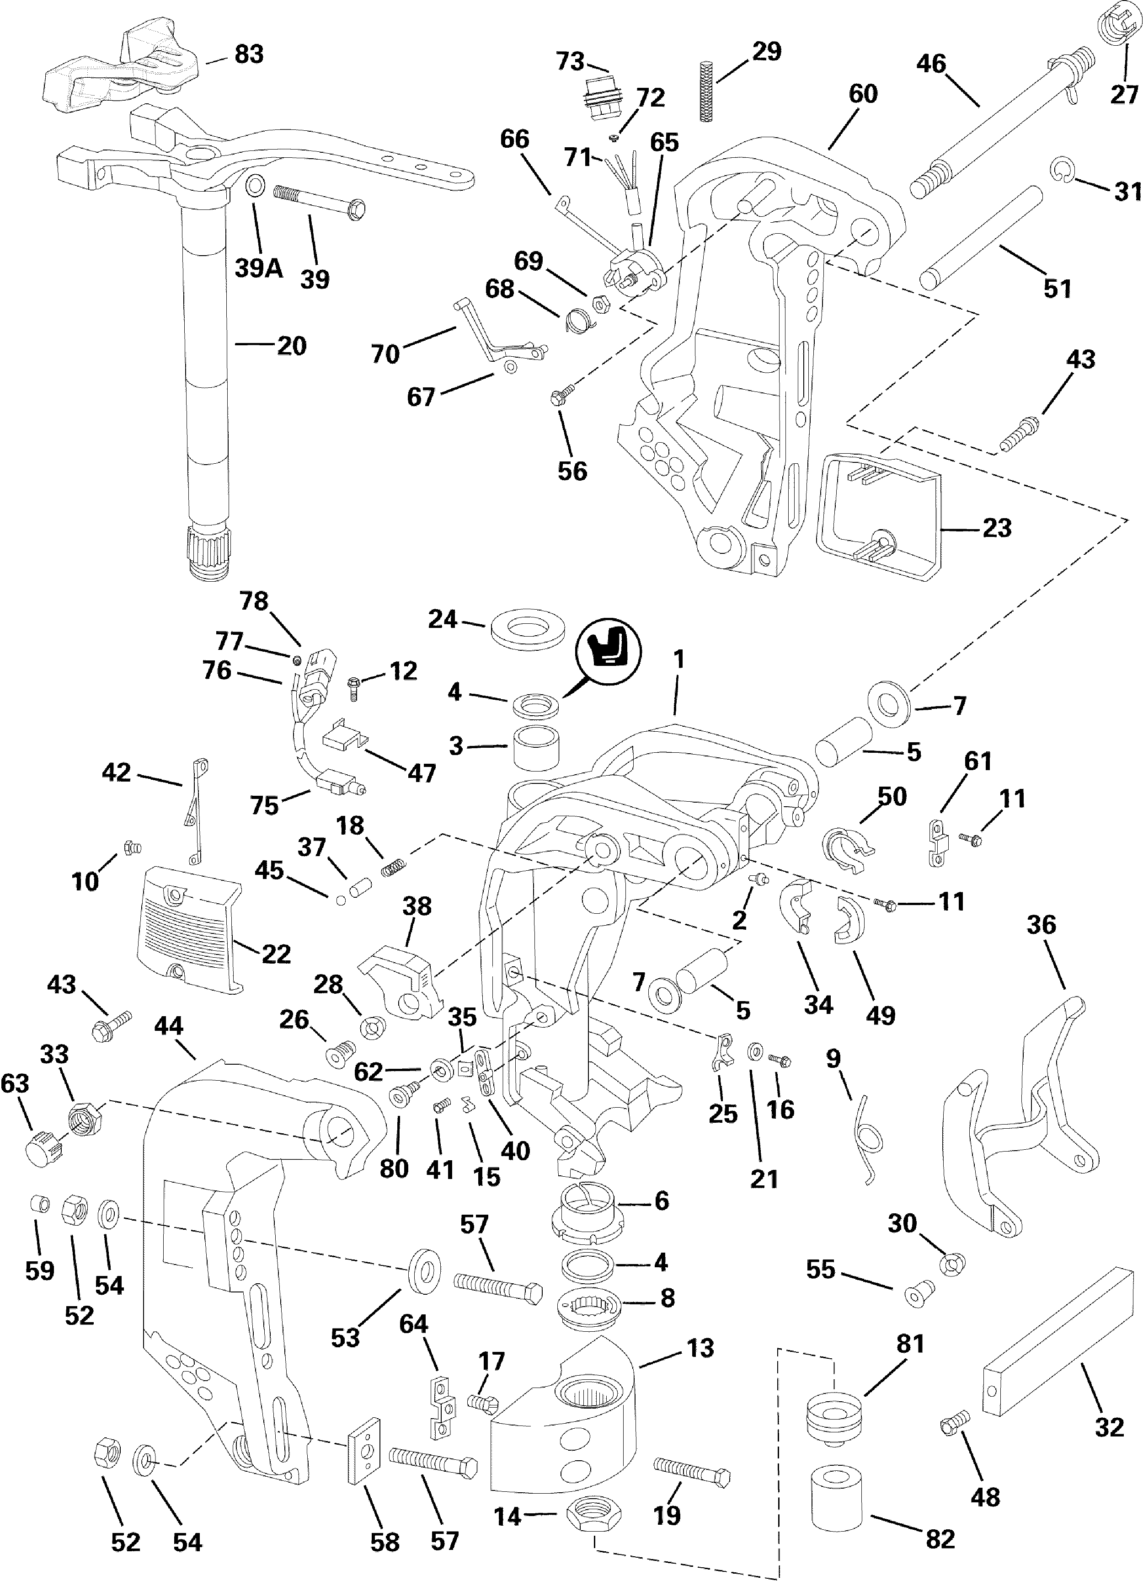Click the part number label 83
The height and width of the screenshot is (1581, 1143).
click(249, 54)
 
